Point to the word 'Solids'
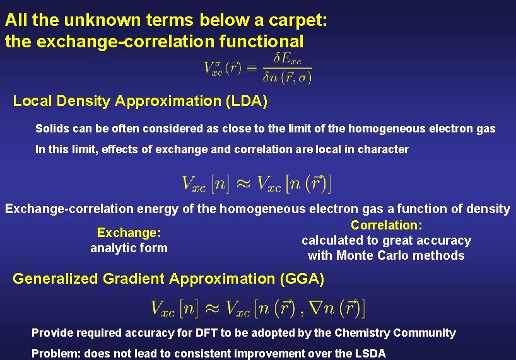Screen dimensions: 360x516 52,129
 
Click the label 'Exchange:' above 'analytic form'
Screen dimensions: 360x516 129,233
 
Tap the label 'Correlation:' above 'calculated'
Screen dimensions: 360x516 386,225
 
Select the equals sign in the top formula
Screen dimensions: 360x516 251,67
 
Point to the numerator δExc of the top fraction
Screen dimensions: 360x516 286,59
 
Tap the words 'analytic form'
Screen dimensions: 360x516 129,248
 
